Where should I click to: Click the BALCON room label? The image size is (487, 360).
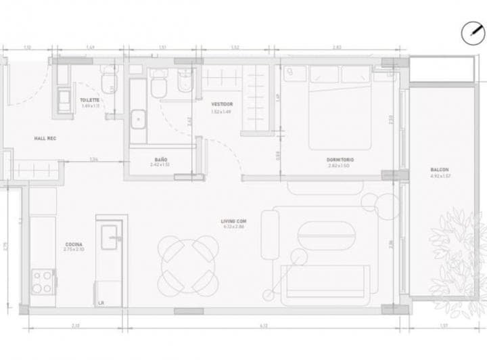click(x=440, y=170)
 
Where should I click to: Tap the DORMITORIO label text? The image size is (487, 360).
click(x=340, y=160)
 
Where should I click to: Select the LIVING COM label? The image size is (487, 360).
click(x=233, y=221)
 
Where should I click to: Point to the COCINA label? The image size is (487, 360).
click(x=74, y=244)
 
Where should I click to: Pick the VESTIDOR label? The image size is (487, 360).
click(x=222, y=104)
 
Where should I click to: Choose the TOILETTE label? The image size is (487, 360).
click(x=90, y=100)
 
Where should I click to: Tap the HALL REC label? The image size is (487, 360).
click(x=45, y=138)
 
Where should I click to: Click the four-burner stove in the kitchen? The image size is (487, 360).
click(x=42, y=281)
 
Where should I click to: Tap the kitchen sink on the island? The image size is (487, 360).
click(x=110, y=237)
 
